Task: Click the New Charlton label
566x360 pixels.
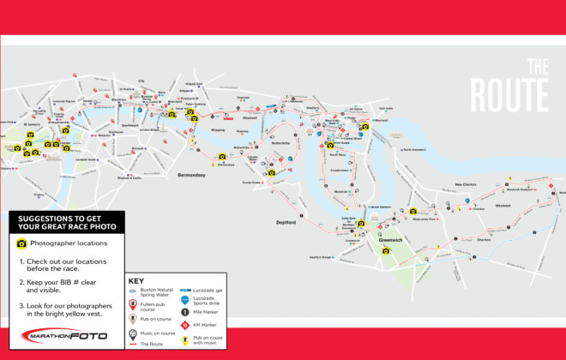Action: click(x=466, y=184)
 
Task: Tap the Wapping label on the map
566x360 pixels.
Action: click(x=216, y=130)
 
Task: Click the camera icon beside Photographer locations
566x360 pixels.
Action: click(x=22, y=243)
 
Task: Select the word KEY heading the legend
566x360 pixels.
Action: click(x=136, y=280)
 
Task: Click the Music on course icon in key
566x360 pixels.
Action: click(x=133, y=333)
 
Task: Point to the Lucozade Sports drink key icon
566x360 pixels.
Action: click(x=186, y=300)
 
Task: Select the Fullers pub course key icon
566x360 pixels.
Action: click(x=133, y=304)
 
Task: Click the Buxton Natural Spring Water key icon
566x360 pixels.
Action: click(x=133, y=292)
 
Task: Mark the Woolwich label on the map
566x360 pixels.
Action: click(x=503, y=206)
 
